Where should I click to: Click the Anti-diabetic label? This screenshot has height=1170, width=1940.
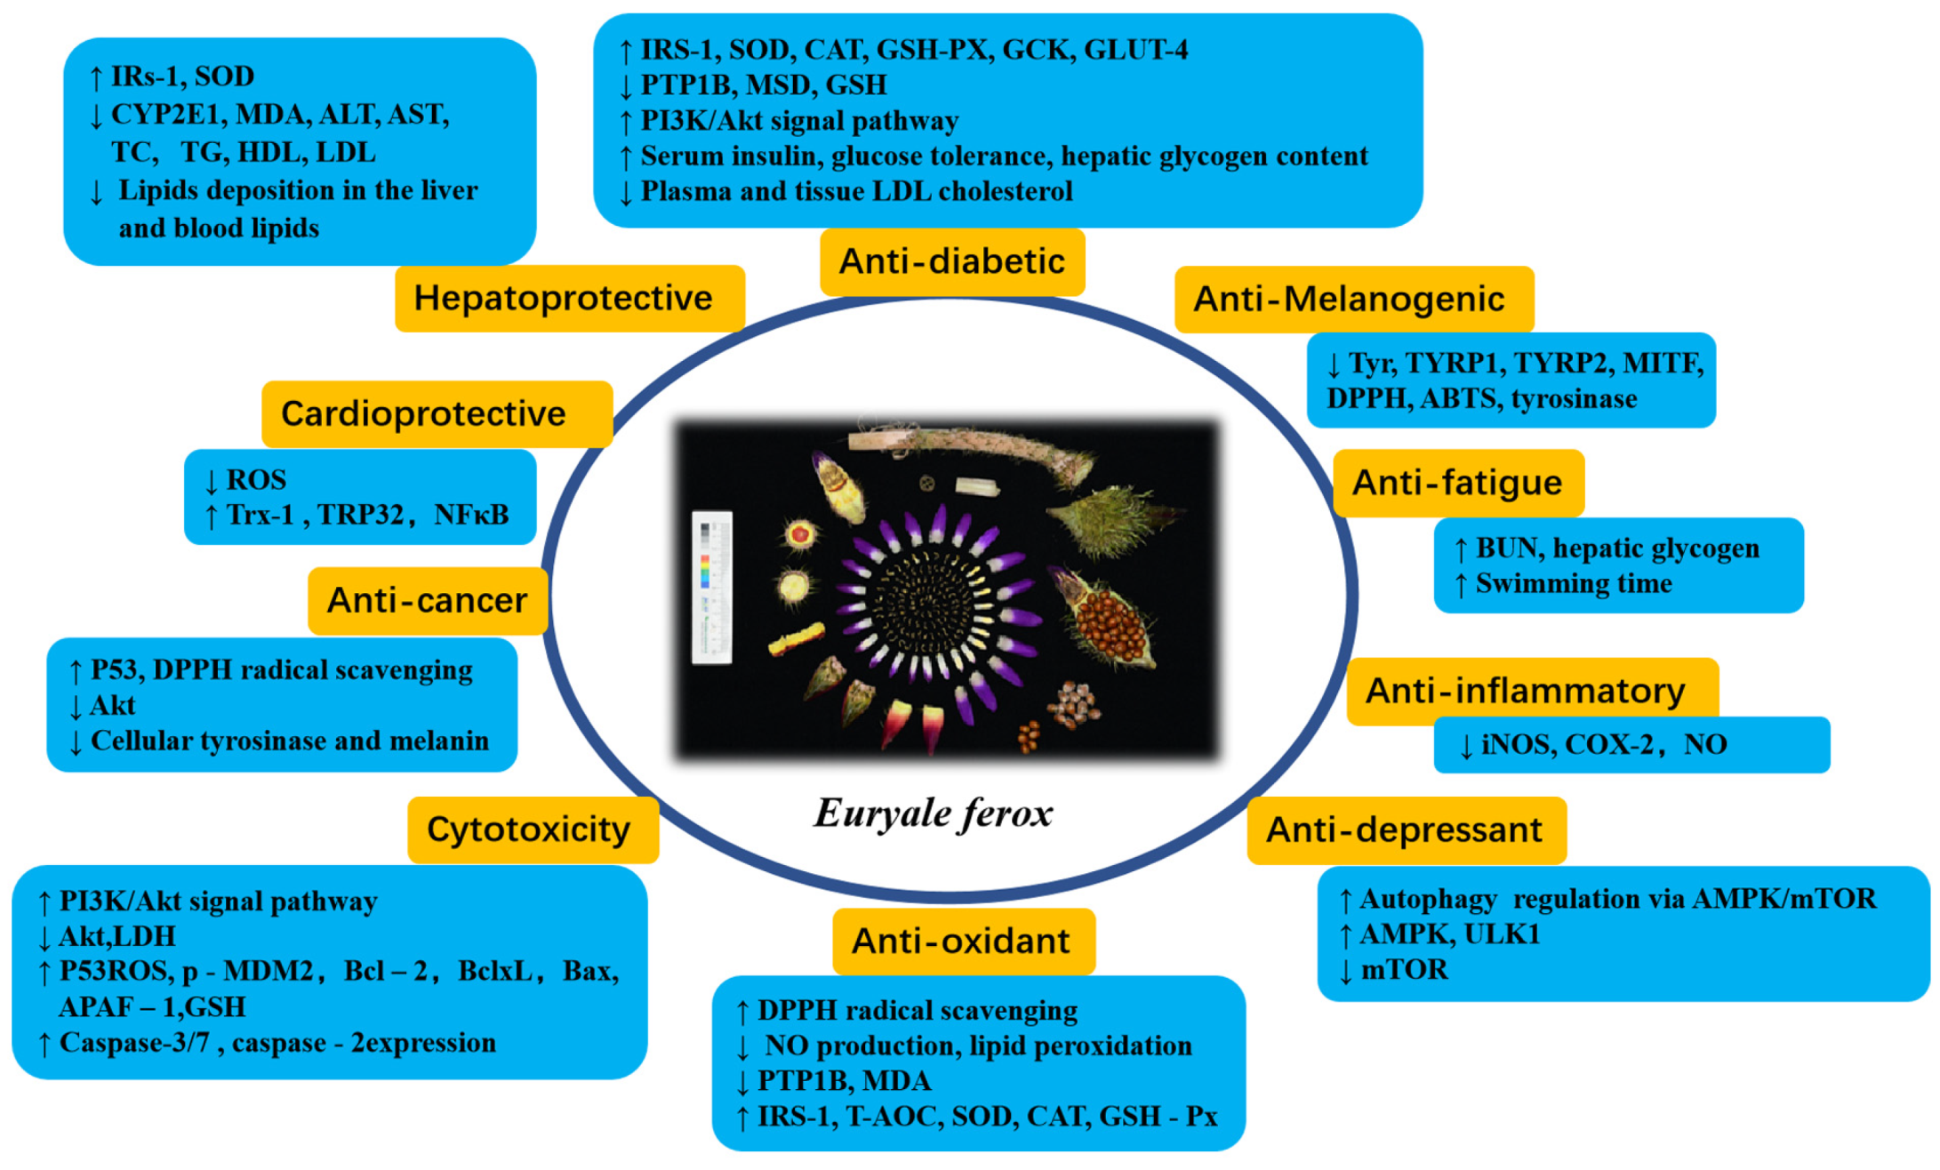tap(951, 262)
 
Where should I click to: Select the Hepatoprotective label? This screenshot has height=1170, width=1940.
tap(563, 299)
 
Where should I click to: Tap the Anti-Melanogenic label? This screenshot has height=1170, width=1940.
tap(1349, 300)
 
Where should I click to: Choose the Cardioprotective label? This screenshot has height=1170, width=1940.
tap(423, 414)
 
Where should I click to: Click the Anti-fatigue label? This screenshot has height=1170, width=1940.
tap(1456, 483)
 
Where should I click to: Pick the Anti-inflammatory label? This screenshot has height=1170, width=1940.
tap(1525, 691)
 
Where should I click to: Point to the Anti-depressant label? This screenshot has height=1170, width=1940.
tap(1404, 830)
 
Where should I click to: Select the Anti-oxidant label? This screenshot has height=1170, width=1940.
tap(960, 942)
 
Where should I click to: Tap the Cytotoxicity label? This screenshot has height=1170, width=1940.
tap(528, 829)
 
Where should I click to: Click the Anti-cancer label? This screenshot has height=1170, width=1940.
tap(427, 601)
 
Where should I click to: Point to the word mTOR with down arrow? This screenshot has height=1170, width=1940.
tap(1404, 970)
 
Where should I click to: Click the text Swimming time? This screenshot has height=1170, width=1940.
tap(1573, 584)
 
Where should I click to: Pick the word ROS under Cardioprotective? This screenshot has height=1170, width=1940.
tap(256, 480)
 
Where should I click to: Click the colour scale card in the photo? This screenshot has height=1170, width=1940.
tap(711, 587)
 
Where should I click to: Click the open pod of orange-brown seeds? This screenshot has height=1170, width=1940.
tap(1107, 622)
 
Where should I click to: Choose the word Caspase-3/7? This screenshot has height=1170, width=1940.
tap(134, 1043)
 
